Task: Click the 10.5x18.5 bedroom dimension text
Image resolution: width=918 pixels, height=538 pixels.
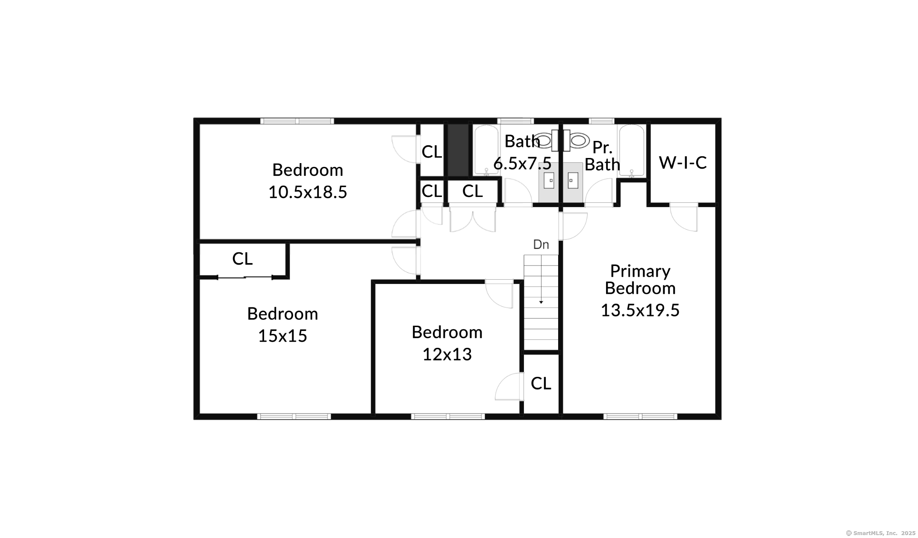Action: pos(308,192)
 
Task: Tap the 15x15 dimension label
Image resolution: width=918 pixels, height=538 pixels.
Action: pos(282,336)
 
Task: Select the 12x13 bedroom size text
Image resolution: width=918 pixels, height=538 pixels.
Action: pos(447,354)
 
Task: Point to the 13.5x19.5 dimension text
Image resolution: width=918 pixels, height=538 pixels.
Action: pos(640,310)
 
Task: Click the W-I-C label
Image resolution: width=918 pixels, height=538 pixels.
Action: pos(683,163)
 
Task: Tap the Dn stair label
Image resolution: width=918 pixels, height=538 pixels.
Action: pos(541,245)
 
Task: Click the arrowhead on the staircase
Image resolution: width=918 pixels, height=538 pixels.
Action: pos(541,302)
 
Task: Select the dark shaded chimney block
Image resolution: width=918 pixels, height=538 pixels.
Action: pos(458,149)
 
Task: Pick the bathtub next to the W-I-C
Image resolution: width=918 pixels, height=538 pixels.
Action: pos(632,151)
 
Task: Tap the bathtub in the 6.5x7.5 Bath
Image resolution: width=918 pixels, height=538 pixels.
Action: pos(486,151)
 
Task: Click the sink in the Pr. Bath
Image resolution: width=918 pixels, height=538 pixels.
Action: pos(573,181)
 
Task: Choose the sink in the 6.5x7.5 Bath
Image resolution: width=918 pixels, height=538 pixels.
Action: pos(549,181)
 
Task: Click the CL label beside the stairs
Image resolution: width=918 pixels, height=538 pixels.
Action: pos(541,383)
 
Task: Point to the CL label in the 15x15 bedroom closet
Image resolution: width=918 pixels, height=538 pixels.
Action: pos(242,259)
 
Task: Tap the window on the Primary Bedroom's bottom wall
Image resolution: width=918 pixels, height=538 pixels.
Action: pos(640,416)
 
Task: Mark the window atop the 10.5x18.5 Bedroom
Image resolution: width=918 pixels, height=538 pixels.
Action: pos(297,121)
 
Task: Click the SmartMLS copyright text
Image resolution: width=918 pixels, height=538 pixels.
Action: pos(881,533)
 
